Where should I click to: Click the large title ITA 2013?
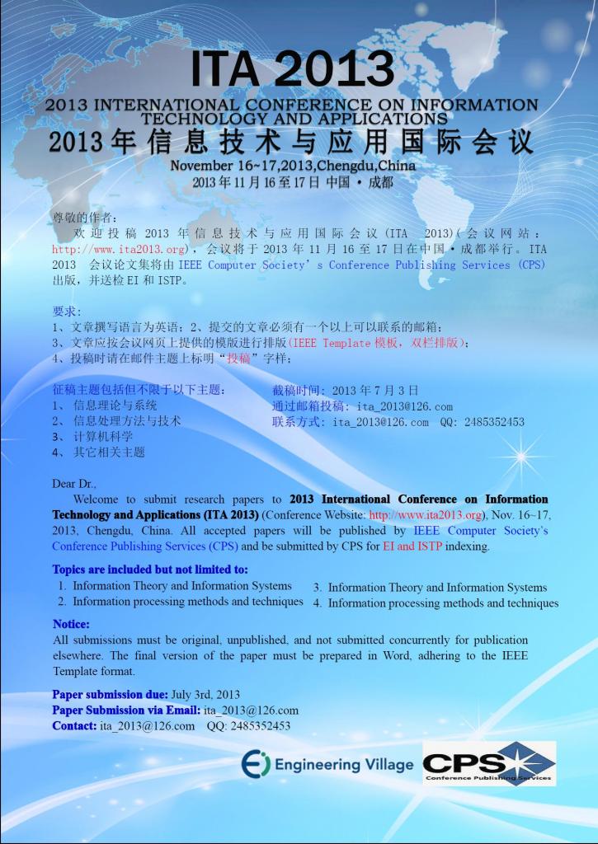[292, 70]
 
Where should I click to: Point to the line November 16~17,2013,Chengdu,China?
[292, 166]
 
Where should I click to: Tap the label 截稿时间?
[299, 391]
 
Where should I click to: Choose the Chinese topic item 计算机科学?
[103, 437]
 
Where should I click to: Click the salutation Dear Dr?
[74, 484]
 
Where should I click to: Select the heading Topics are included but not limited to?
[149, 570]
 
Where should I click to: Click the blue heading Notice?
[71, 624]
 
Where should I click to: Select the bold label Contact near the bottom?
[74, 726]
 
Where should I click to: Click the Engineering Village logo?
[327, 765]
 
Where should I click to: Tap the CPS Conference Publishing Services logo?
[488, 764]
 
